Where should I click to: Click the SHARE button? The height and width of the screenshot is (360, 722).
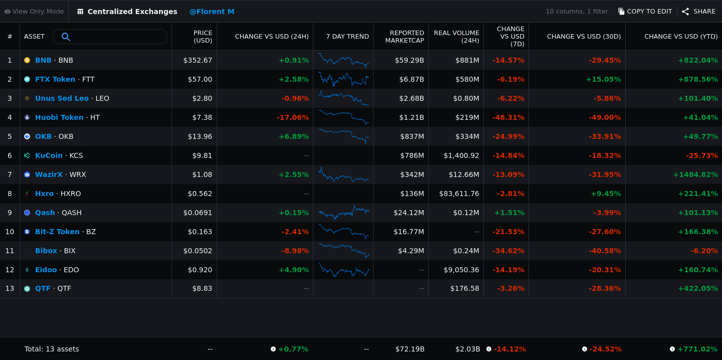(x=699, y=12)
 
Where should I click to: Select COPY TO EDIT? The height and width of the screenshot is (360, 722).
(x=645, y=12)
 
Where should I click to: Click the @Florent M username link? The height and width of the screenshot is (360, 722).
(x=212, y=12)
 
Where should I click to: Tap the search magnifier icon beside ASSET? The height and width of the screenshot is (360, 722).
(x=66, y=37)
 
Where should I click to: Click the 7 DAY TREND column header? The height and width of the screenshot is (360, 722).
(x=347, y=37)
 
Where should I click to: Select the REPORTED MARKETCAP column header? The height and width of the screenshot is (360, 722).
(x=405, y=37)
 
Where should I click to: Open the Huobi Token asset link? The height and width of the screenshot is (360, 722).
(x=59, y=117)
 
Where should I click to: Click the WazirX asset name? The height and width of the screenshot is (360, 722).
(x=49, y=174)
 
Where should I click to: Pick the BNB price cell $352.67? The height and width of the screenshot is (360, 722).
(x=198, y=60)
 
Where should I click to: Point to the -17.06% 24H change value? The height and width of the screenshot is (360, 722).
(x=293, y=117)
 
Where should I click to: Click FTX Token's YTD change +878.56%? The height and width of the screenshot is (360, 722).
(x=698, y=79)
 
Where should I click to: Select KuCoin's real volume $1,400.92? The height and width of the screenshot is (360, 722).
(x=461, y=155)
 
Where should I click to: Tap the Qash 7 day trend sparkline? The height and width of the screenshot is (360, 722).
(x=344, y=213)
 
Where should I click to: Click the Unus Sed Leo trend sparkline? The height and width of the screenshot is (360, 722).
(x=344, y=98)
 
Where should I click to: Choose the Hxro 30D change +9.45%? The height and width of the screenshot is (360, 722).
(x=606, y=194)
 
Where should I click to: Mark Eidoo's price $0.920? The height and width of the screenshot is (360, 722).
(x=200, y=270)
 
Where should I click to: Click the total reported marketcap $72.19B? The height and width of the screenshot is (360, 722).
(x=410, y=349)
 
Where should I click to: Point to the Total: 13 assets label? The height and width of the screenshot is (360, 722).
(x=52, y=349)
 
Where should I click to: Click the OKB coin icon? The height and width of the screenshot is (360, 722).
(x=27, y=136)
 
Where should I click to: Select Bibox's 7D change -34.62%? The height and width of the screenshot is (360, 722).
(x=508, y=251)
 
